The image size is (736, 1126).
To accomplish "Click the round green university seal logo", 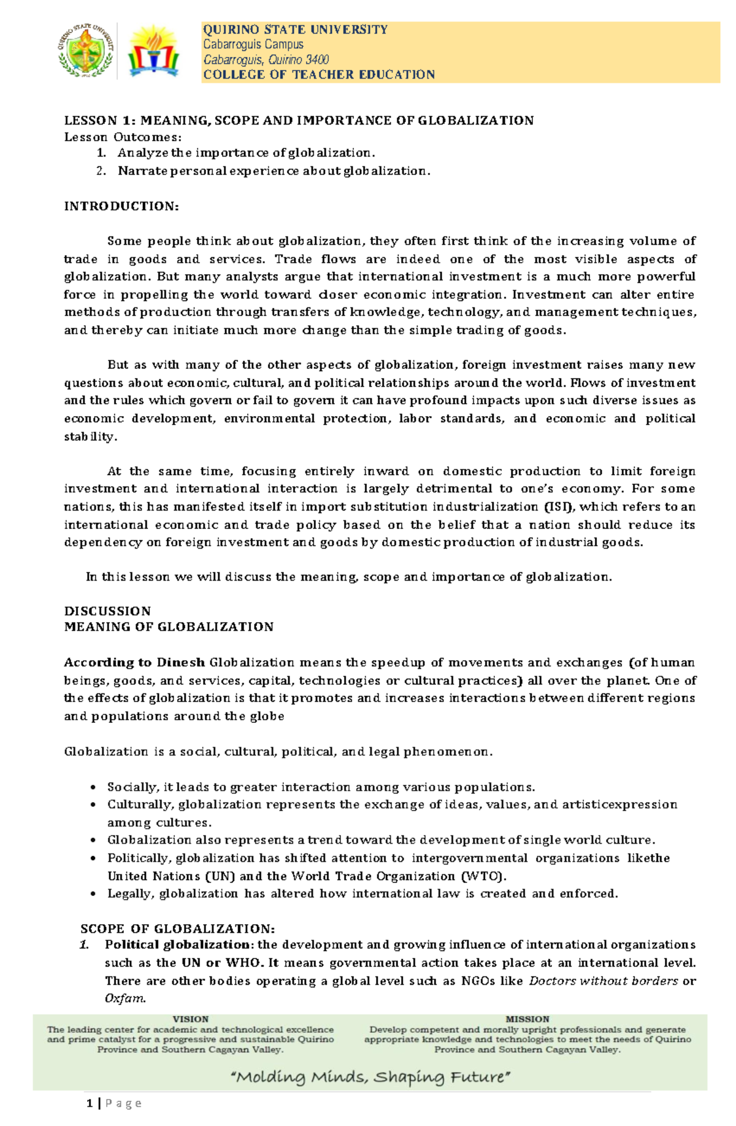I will tap(86, 51).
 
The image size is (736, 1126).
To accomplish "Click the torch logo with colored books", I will tap(153, 51).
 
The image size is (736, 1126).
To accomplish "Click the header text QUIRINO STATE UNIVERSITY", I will tap(295, 29).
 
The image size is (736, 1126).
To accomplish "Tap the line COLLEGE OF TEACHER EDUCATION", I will tap(319, 75).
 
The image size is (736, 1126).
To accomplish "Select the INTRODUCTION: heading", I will tap(121, 206).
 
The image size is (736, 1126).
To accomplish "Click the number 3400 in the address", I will tap(317, 60).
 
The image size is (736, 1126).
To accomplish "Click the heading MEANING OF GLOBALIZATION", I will tap(169, 627).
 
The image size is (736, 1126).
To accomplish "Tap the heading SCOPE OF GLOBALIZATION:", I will tap(178, 929).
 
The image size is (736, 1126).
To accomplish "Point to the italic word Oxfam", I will tap(125, 998).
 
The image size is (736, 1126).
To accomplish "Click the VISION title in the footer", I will tap(190, 1019).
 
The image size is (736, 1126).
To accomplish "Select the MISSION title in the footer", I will tap(527, 1019).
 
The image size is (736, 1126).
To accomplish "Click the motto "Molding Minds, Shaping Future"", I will tap(370, 1076).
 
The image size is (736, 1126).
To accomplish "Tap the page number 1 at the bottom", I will tap(90, 1103).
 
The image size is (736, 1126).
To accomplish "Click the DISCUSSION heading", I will tap(107, 611).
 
